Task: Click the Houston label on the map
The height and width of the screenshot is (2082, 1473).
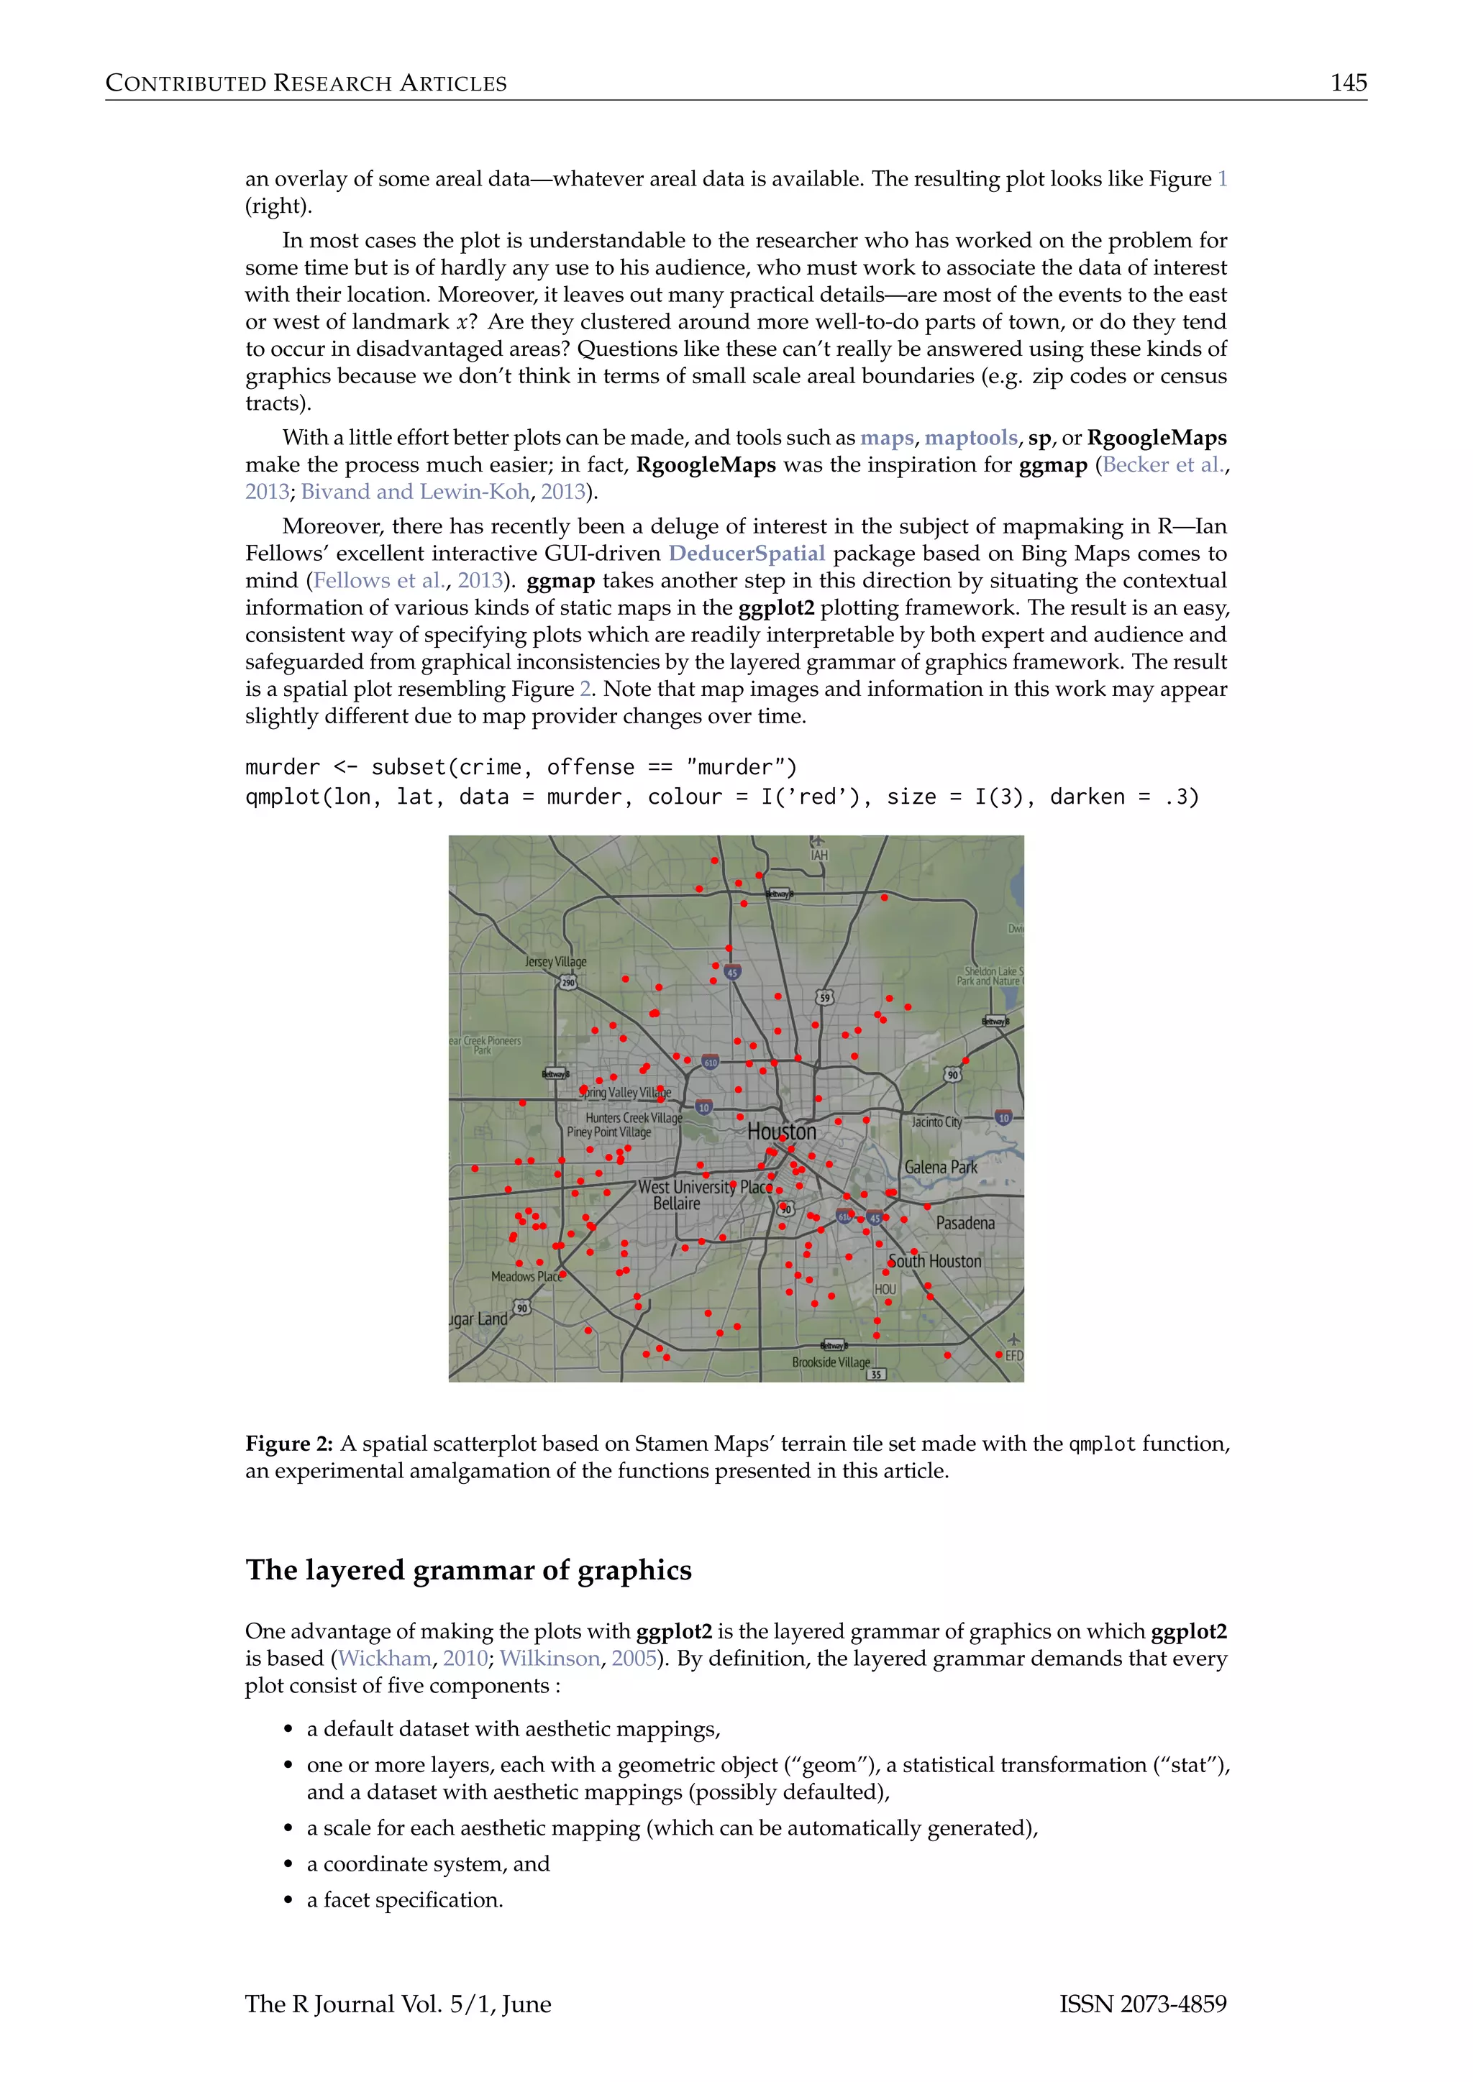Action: point(781,1132)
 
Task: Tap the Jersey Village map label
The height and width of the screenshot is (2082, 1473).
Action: point(555,961)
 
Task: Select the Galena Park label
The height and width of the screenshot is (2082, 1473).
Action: point(941,1167)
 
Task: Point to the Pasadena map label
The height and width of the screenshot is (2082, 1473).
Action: point(965,1224)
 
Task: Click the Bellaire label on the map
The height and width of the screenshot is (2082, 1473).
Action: point(677,1204)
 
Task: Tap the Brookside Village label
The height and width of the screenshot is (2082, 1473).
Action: point(830,1362)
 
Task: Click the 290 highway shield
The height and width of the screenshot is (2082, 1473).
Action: point(567,982)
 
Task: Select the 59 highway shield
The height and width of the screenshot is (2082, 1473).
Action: point(824,997)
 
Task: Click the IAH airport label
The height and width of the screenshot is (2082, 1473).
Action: point(819,855)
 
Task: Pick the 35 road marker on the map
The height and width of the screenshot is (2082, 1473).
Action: point(876,1375)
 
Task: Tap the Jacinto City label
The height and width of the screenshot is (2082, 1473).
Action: point(936,1122)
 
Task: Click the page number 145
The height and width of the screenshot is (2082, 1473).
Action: point(1348,83)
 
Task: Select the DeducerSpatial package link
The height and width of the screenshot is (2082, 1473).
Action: point(747,554)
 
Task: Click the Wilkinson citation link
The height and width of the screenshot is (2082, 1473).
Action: point(549,1659)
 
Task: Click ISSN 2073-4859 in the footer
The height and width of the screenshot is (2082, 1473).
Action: point(1142,2004)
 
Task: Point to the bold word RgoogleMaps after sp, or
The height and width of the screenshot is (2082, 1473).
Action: point(1157,438)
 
